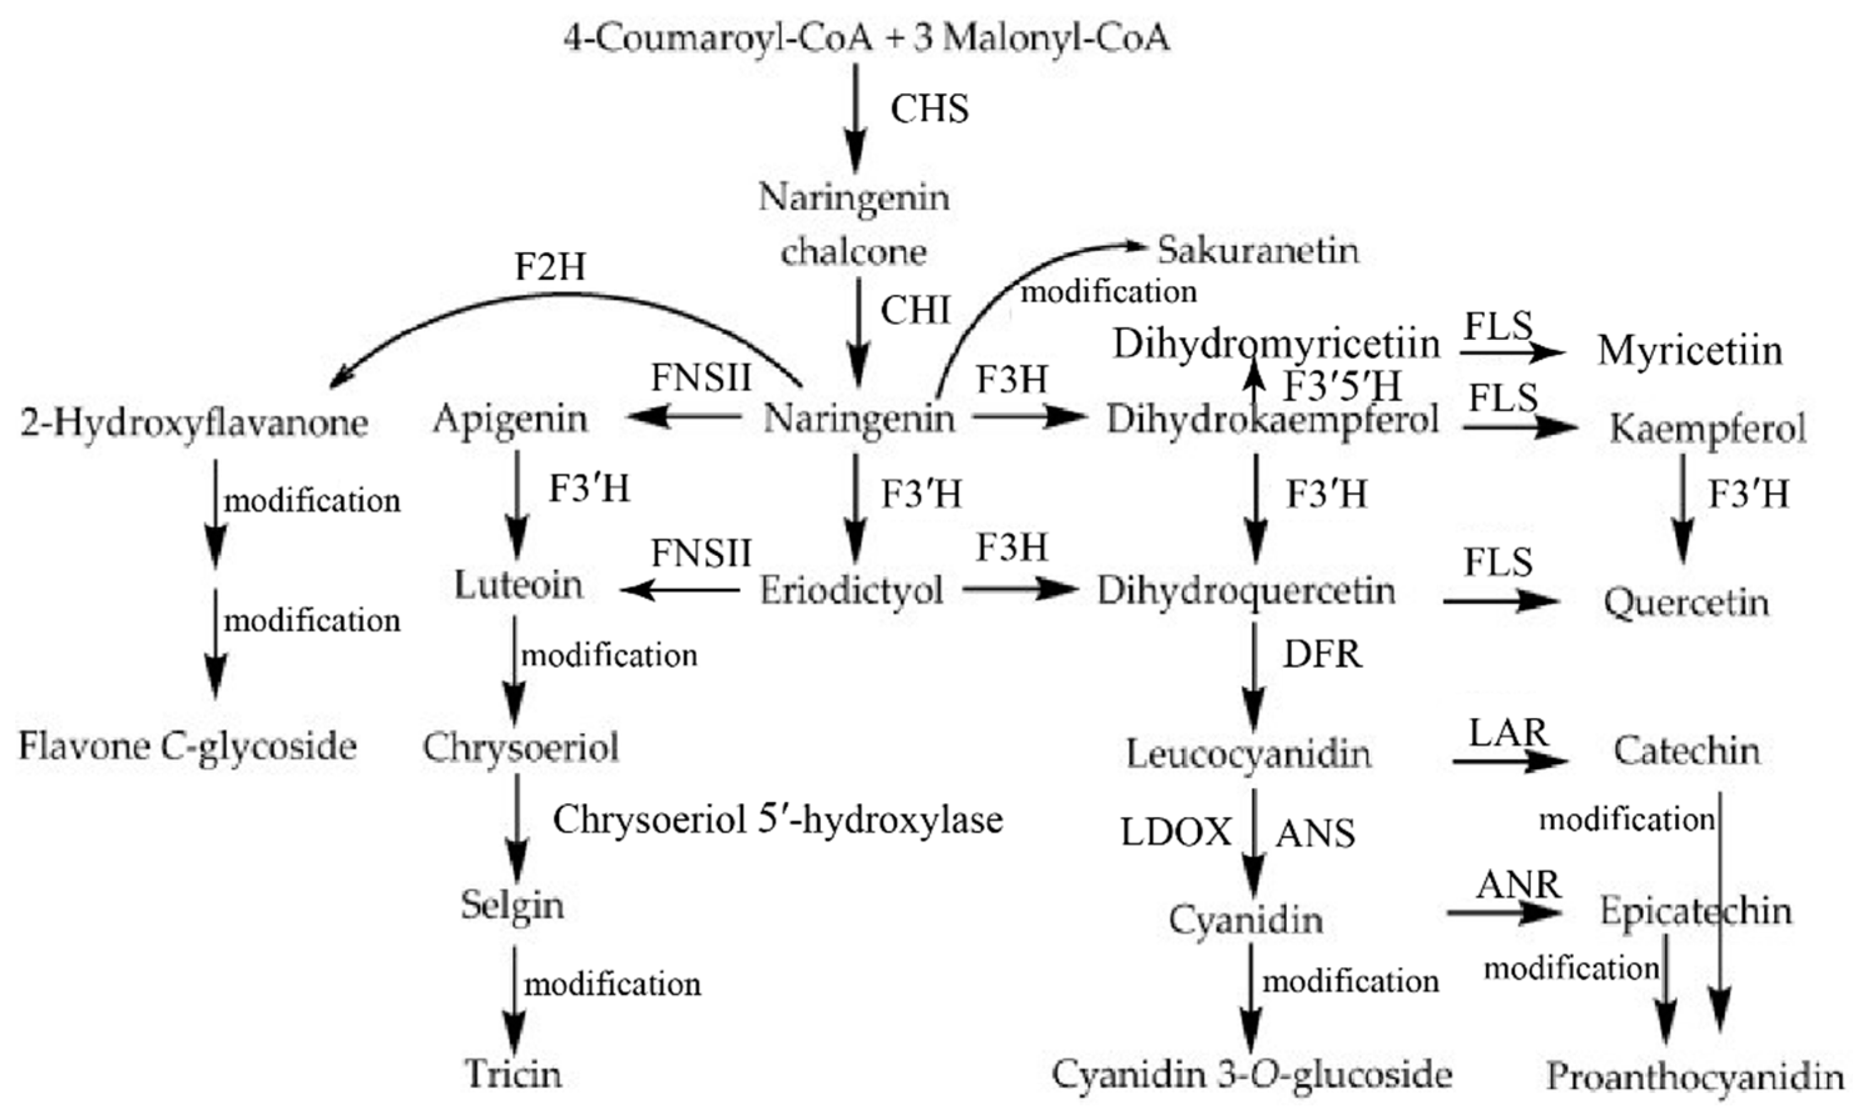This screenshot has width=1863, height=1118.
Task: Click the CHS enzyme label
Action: [929, 110]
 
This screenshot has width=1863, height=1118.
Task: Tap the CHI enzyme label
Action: [915, 310]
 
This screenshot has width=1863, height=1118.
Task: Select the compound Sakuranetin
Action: [1257, 250]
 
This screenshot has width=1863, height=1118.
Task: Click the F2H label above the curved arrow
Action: [550, 267]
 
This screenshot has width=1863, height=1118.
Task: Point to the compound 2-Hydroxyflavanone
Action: [194, 423]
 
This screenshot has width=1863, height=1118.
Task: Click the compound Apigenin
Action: [510, 419]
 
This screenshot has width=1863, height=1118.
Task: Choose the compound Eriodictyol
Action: [851, 590]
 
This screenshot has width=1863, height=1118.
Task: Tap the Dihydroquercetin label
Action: [1246, 590]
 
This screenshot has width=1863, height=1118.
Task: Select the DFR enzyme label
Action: [1322, 655]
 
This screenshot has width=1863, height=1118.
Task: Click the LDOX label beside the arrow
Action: [1175, 833]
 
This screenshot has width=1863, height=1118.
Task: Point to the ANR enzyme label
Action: [1517, 885]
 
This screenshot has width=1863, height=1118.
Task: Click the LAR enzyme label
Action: [1508, 733]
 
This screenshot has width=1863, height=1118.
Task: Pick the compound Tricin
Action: [513, 1074]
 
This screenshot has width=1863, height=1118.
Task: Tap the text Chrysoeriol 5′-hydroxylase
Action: [778, 819]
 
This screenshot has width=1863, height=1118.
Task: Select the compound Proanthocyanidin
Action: [1694, 1077]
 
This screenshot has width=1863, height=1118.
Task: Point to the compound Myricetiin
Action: [1689, 351]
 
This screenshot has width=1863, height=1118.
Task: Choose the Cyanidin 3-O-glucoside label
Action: [1251, 1074]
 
